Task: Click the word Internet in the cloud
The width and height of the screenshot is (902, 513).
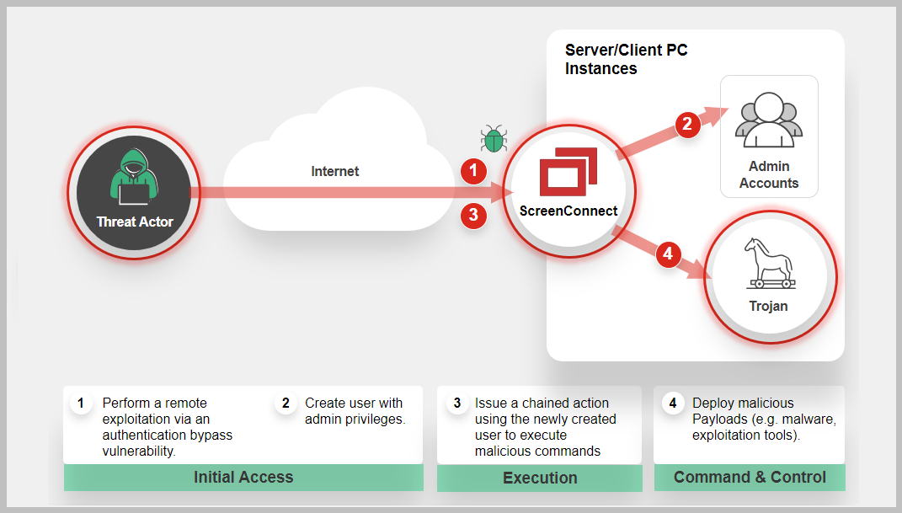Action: coord(335,171)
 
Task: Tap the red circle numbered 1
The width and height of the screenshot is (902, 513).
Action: coord(473,171)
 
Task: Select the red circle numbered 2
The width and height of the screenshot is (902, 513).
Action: coord(688,125)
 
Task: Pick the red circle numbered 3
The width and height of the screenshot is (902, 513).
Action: coord(473,215)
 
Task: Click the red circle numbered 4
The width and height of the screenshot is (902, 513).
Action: coord(669,254)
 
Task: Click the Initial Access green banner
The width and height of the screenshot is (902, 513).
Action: coord(243,478)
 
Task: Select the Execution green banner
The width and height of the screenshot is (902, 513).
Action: coord(540,478)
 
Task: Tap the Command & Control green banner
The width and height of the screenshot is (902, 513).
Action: coord(750,478)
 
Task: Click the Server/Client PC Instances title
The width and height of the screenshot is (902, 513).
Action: coord(626,60)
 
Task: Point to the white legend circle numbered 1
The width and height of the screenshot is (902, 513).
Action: coord(81,403)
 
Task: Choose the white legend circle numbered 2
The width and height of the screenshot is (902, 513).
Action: coord(286,403)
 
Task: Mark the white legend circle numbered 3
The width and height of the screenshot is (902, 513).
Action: coord(457,403)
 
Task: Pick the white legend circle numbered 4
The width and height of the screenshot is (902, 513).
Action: coord(673,403)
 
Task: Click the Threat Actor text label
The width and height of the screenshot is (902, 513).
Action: coord(135,222)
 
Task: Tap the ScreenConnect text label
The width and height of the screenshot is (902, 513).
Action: coord(568,211)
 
